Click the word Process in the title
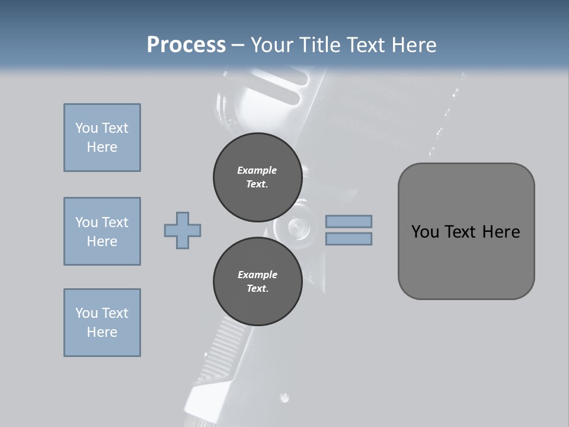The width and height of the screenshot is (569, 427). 186,45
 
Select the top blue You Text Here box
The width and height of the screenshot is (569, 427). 102,138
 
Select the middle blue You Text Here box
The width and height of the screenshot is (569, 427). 102,231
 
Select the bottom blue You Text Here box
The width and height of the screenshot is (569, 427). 102,323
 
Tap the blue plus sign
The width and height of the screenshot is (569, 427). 183,230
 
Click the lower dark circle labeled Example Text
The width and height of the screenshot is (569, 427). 257,281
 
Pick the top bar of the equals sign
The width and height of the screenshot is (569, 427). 349,221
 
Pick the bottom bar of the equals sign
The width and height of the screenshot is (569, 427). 349,238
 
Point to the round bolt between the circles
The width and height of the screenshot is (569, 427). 297,227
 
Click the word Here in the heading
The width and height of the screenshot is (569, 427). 413,45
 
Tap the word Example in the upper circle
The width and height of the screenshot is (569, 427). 257,170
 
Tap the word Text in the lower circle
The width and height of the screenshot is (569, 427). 257,289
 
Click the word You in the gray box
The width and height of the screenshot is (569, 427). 425,232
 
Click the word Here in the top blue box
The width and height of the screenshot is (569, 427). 102,147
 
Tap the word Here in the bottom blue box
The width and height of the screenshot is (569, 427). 102,332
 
